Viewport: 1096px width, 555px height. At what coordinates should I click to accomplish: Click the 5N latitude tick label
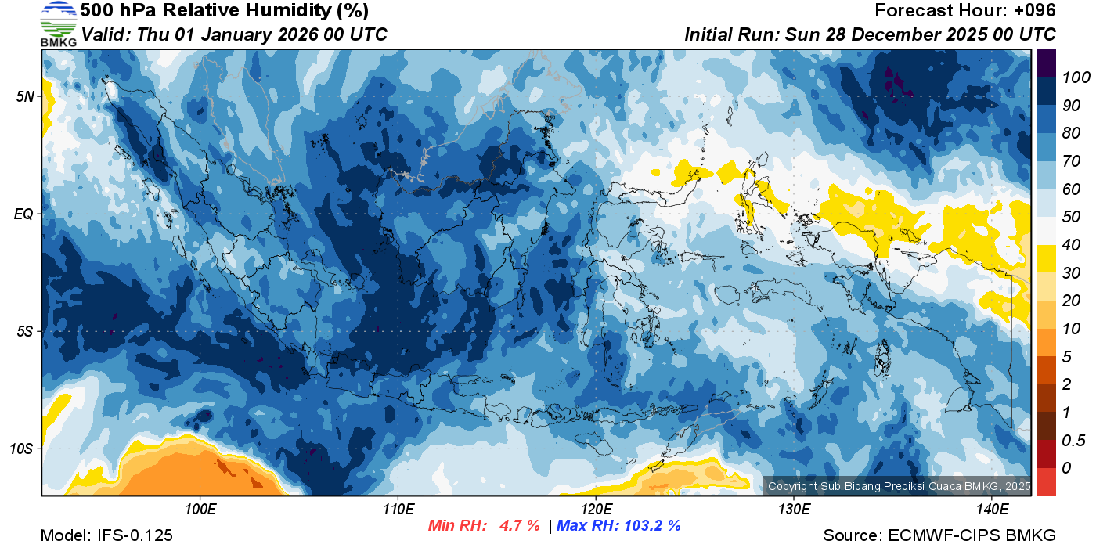point(24,96)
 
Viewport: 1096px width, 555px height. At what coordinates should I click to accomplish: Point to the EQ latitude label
point(24,214)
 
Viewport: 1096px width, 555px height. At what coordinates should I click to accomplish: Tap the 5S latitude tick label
point(24,331)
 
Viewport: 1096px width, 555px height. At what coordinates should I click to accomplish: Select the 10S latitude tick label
point(21,449)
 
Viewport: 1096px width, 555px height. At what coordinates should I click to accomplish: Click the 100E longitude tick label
point(200,510)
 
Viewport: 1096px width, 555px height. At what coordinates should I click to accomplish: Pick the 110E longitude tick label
point(398,510)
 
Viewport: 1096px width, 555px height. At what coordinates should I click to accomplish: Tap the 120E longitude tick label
point(596,510)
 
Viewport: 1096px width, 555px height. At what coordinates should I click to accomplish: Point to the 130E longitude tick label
point(794,510)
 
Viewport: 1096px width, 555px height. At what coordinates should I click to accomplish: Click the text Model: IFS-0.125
point(106,536)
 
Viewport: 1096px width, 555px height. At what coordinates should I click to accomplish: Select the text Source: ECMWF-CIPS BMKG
point(939,536)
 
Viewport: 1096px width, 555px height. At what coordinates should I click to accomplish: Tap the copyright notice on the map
point(899,486)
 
